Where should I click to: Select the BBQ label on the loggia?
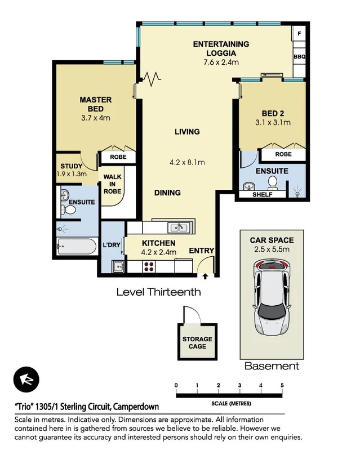299,57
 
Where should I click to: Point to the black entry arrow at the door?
205,276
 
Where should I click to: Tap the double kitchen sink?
179,227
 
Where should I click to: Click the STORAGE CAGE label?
197,342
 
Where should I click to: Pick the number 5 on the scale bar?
282,385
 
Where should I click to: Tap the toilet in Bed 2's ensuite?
273,182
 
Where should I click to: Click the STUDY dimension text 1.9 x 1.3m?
72,174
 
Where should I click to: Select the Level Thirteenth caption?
158,292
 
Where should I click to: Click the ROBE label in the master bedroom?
118,158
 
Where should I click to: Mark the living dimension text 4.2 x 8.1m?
186,163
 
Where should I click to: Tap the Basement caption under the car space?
272,366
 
